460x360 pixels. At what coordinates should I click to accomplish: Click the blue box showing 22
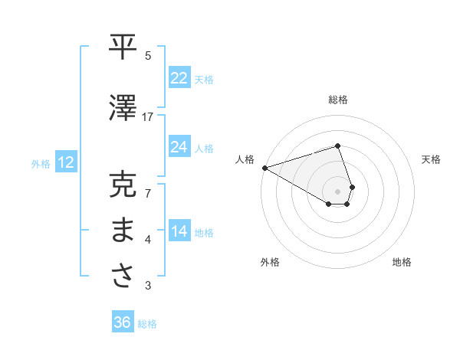point(179,78)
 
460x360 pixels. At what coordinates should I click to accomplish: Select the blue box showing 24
point(179,147)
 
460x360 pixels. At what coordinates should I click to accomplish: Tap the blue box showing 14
point(179,231)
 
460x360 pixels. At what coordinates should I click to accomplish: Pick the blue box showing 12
point(66,162)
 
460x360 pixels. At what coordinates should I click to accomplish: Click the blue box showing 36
point(123,322)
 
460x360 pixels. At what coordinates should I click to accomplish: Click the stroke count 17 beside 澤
point(148,116)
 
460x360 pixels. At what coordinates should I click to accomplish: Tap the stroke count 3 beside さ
point(148,286)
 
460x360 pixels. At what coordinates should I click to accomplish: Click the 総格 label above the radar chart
point(338,100)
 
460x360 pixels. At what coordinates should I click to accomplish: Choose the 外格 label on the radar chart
point(270,262)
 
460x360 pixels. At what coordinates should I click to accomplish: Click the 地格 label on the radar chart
point(402,262)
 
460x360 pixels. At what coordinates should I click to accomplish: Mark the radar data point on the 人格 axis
point(264,167)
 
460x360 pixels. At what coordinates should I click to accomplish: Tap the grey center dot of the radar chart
point(338,191)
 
